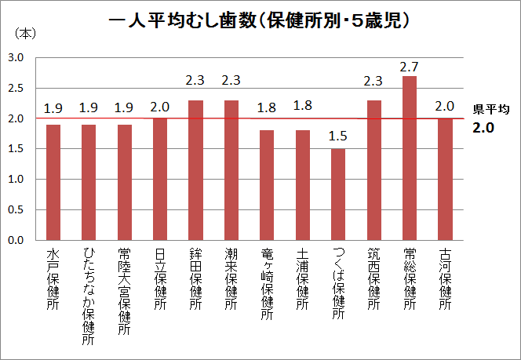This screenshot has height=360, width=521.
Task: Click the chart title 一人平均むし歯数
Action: (x=260, y=21)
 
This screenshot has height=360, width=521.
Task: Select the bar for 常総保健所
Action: (x=410, y=158)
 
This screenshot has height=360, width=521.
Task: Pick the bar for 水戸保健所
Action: (x=53, y=182)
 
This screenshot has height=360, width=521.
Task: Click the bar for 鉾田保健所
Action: (x=195, y=169)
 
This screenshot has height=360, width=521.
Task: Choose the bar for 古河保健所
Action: (x=445, y=179)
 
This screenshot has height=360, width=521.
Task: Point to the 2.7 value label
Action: (x=410, y=67)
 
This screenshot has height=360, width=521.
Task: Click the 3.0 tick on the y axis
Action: (x=16, y=58)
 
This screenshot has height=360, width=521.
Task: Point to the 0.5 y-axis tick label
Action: (x=16, y=209)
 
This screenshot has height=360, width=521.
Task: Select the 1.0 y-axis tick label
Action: (x=16, y=180)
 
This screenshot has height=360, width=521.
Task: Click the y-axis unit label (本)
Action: (x=24, y=34)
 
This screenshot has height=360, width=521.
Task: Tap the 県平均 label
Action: (x=491, y=110)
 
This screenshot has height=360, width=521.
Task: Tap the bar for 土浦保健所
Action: (x=303, y=185)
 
